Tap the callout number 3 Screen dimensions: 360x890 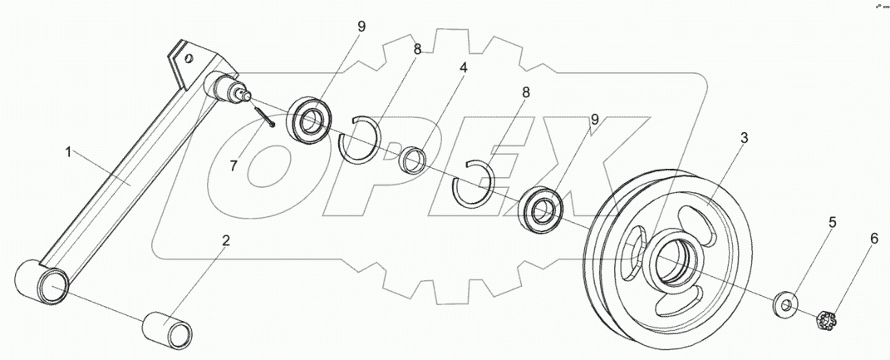[x=743, y=139]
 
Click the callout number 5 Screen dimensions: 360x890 [x=831, y=223]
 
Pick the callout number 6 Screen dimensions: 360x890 [x=873, y=239]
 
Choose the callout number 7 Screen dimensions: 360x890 [x=234, y=165]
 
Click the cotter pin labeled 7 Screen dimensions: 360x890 [x=265, y=116]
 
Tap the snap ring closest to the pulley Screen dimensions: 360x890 [x=473, y=183]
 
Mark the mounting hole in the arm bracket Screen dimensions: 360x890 [x=190, y=59]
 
